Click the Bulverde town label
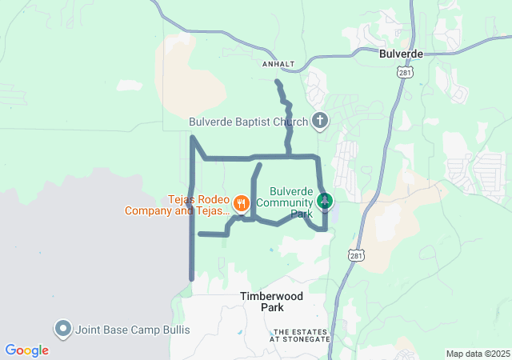coord(400,54)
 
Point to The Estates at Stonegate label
coord(302,335)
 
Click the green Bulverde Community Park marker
coord(324,200)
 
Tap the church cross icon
coord(320,122)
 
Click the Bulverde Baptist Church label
coord(249,122)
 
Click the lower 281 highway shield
coord(356,254)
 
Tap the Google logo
coord(26,350)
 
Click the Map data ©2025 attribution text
coord(477,354)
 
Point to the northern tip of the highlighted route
coord(277,82)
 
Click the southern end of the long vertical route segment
coord(192,278)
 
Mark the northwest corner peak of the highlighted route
coord(192,138)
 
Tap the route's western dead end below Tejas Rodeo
coord(199,234)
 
